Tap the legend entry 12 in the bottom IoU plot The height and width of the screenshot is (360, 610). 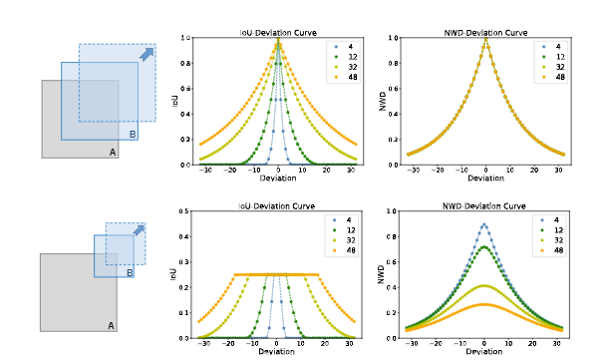pos(343,229)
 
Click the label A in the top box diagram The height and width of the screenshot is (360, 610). pos(112,151)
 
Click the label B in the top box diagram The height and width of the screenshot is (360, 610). pos(133,134)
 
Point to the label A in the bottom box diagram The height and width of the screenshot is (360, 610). pos(111,324)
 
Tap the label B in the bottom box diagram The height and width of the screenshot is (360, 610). pos(129,272)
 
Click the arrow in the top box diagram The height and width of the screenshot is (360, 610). pos(148,55)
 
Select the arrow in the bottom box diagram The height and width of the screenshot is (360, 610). pos(139,231)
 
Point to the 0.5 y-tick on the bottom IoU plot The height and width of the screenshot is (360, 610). pos(184,211)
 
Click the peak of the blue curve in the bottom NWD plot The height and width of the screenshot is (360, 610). pos(485,224)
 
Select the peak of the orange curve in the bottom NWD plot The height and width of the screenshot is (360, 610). pos(485,304)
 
